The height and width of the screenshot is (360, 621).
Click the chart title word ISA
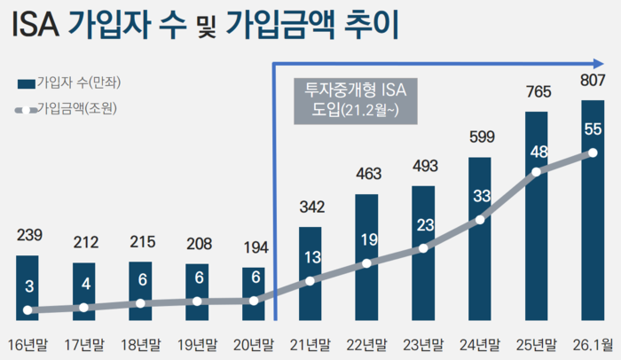pyautogui.click(x=35, y=27)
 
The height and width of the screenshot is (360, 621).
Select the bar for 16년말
pyautogui.click(x=28, y=287)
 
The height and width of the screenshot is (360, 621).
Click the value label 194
pyautogui.click(x=254, y=247)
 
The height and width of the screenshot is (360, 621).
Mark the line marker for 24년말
pyautogui.click(x=480, y=219)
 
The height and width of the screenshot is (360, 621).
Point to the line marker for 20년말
pyautogui.click(x=254, y=301)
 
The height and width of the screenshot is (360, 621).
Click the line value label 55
pyautogui.click(x=593, y=129)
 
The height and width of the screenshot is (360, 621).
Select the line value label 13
pyautogui.click(x=310, y=258)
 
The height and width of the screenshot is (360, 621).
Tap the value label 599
pyautogui.click(x=480, y=137)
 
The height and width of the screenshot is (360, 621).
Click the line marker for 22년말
pyautogui.click(x=366, y=263)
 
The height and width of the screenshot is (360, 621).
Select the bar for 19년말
pyautogui.click(x=197, y=291)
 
